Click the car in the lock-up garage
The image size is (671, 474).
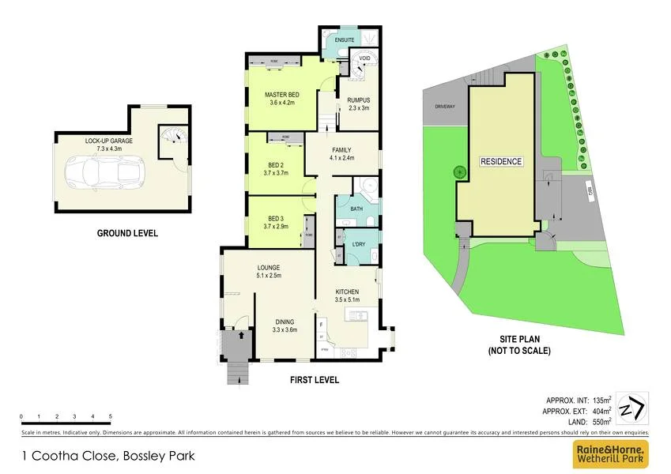click(x=103, y=171)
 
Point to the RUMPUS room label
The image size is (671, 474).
click(x=359, y=100)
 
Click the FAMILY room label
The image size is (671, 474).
click(x=341, y=150)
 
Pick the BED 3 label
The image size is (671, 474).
click(x=275, y=218)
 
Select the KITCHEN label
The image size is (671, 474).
click(x=348, y=292)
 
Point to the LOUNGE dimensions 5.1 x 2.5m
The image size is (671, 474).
click(x=269, y=276)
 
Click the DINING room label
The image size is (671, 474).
click(x=285, y=322)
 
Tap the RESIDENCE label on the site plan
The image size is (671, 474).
click(x=501, y=162)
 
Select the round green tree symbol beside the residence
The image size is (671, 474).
click(x=457, y=171)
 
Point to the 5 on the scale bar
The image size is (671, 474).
click(x=111, y=416)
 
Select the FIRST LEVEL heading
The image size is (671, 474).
click(x=314, y=380)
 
